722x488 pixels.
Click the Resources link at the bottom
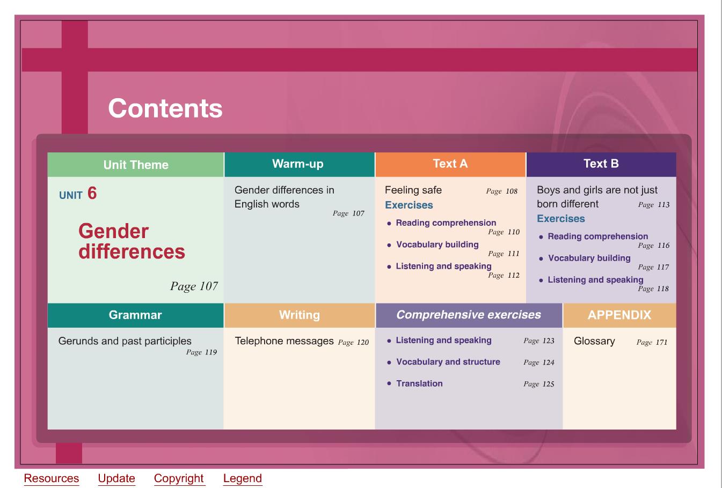coord(51,478)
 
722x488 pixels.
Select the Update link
coord(116,478)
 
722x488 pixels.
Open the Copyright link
coord(179,478)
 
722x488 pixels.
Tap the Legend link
coord(243,478)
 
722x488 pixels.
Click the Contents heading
coord(165,108)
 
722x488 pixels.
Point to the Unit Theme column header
coord(136,165)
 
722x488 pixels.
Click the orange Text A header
coord(450,165)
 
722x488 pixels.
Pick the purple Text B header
coord(601,165)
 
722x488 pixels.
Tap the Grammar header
coord(135,315)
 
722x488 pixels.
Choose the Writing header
coord(300,315)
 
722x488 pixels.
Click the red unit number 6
coord(92,193)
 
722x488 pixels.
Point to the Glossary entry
coord(594,341)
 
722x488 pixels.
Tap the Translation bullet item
coord(419,383)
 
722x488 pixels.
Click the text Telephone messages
coord(284,341)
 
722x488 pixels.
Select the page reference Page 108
coord(502,191)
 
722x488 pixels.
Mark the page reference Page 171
coord(652,342)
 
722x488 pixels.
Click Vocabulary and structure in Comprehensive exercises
coord(448,362)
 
